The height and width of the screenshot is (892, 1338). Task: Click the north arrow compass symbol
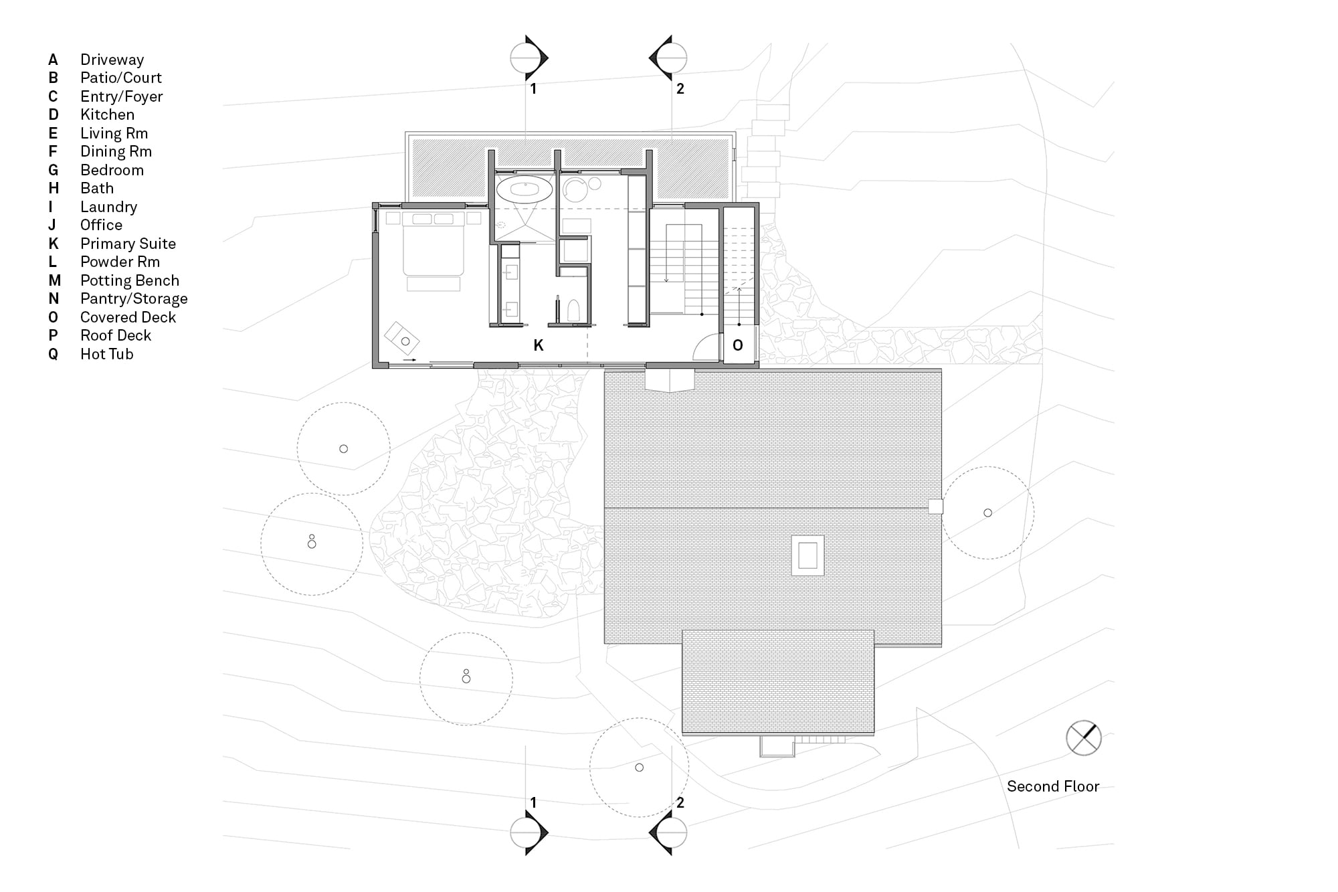click(1083, 738)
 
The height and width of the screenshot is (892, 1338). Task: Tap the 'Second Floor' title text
click(1053, 786)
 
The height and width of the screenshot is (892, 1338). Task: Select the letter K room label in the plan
click(539, 345)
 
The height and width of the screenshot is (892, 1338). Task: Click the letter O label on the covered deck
click(738, 345)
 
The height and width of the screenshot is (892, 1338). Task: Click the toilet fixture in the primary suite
click(573, 311)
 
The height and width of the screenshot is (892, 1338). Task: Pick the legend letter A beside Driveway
click(53, 60)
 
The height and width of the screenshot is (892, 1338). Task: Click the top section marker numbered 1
click(529, 58)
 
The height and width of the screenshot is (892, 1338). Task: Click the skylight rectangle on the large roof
click(807, 555)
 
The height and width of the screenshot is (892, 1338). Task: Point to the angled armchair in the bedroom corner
click(402, 338)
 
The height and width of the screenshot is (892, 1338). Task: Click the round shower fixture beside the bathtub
click(574, 190)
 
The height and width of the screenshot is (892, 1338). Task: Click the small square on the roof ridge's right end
click(935, 507)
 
